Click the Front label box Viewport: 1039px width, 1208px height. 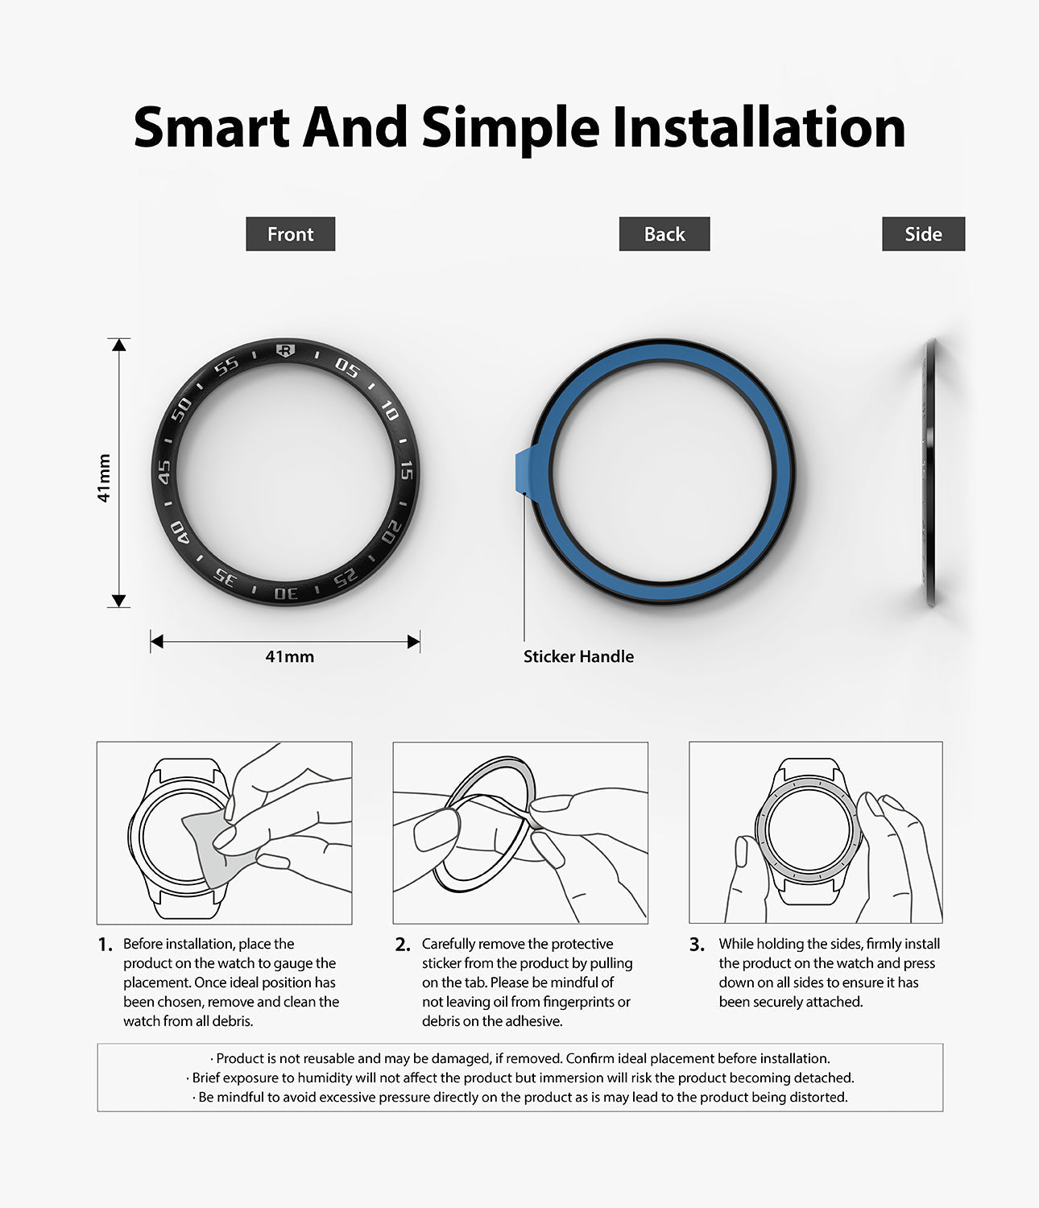tap(290, 234)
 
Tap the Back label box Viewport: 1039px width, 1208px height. tap(664, 234)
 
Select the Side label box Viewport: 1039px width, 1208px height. tap(923, 234)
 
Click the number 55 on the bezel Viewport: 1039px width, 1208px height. tap(226, 366)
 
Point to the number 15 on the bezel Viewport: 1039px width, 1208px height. tap(407, 470)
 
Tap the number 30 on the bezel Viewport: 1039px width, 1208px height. tap(286, 594)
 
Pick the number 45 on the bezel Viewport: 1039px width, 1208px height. tap(164, 472)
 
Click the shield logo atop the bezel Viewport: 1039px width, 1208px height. tap(285, 350)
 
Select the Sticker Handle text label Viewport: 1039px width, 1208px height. tap(578, 656)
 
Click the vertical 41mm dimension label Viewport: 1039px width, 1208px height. tap(104, 478)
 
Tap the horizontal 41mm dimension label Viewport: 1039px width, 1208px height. tap(289, 656)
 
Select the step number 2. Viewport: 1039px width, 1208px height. tap(403, 945)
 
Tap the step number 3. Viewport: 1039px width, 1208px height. tap(697, 945)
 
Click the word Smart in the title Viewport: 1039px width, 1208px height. tap(212, 127)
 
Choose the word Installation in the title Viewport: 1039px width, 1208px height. tap(759, 127)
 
